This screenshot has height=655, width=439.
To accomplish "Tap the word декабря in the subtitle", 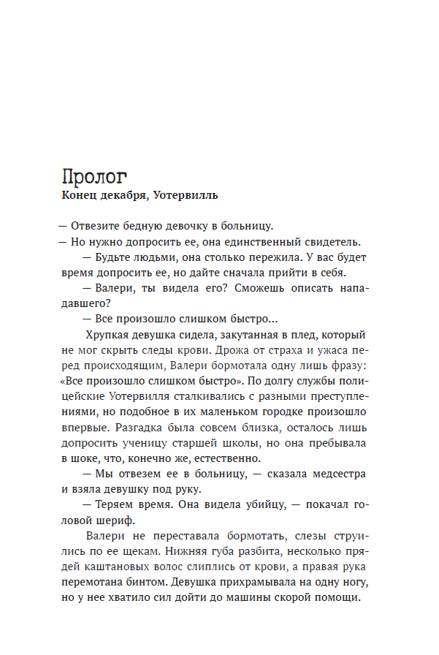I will [x=126, y=196].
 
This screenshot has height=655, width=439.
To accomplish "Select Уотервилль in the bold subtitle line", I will [x=186, y=196].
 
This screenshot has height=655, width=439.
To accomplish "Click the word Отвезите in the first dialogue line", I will [x=93, y=226].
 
